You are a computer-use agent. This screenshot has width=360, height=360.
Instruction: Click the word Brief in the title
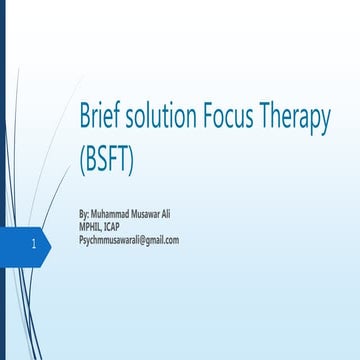[x=101, y=117]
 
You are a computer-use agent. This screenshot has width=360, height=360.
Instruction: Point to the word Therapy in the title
[x=297, y=119]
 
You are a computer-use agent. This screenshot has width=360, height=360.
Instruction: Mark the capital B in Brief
[x=85, y=117]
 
